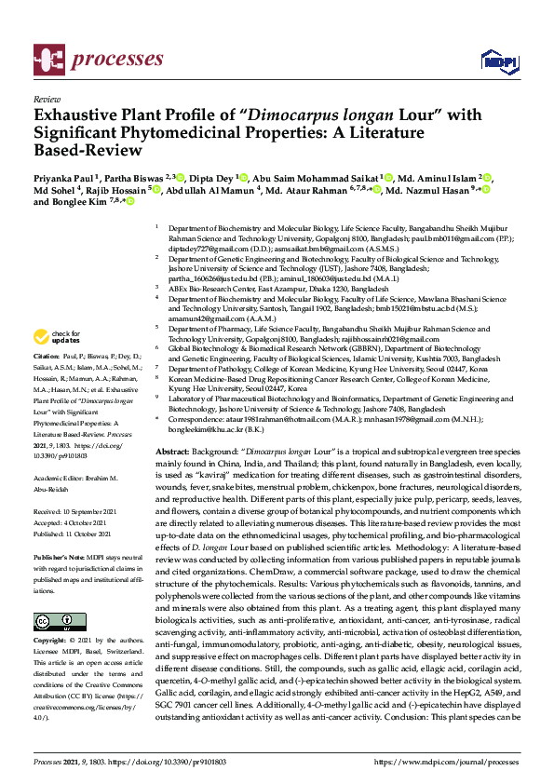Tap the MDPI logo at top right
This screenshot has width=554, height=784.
497,61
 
